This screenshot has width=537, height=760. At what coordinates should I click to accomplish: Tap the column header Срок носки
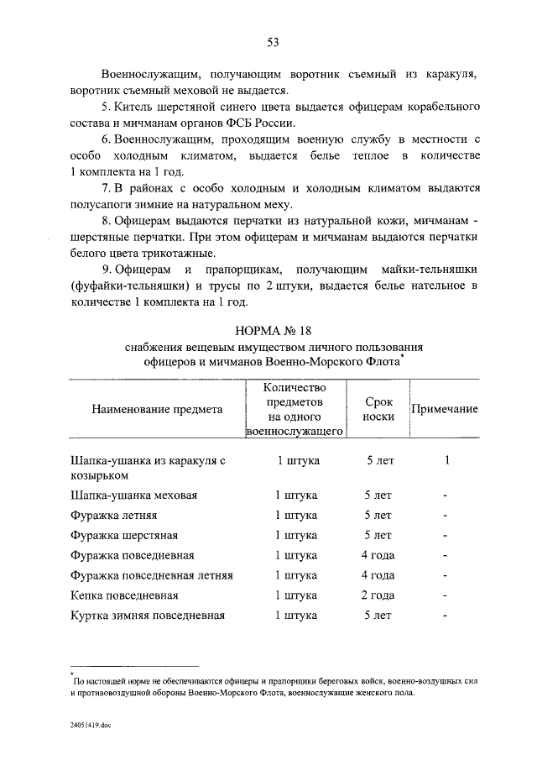point(378,409)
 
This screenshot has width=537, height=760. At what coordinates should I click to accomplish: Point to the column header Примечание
point(444,409)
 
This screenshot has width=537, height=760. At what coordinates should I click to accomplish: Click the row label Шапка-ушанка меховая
point(134,495)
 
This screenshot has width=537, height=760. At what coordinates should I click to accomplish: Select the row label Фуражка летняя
point(114,515)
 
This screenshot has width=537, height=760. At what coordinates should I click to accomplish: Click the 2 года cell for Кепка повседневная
point(378,595)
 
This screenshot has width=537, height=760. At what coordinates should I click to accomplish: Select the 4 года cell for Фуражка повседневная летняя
point(378,575)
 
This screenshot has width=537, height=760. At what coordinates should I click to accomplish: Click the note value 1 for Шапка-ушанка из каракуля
point(447,460)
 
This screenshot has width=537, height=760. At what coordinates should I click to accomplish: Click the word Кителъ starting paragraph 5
point(133,108)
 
